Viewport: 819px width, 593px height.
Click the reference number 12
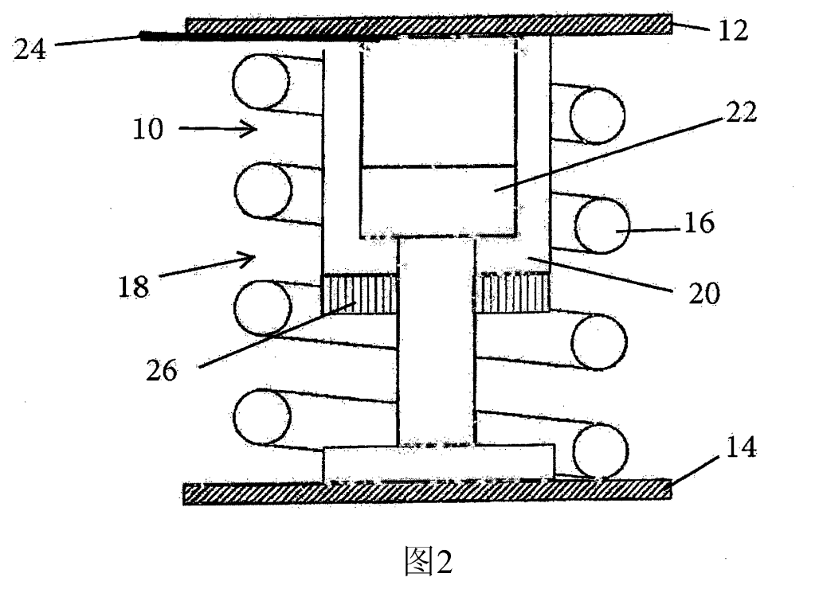point(732,32)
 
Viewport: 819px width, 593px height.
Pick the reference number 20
point(701,293)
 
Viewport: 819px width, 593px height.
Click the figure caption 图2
point(427,562)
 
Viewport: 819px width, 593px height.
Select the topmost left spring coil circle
point(261,82)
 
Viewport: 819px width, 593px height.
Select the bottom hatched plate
point(426,491)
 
